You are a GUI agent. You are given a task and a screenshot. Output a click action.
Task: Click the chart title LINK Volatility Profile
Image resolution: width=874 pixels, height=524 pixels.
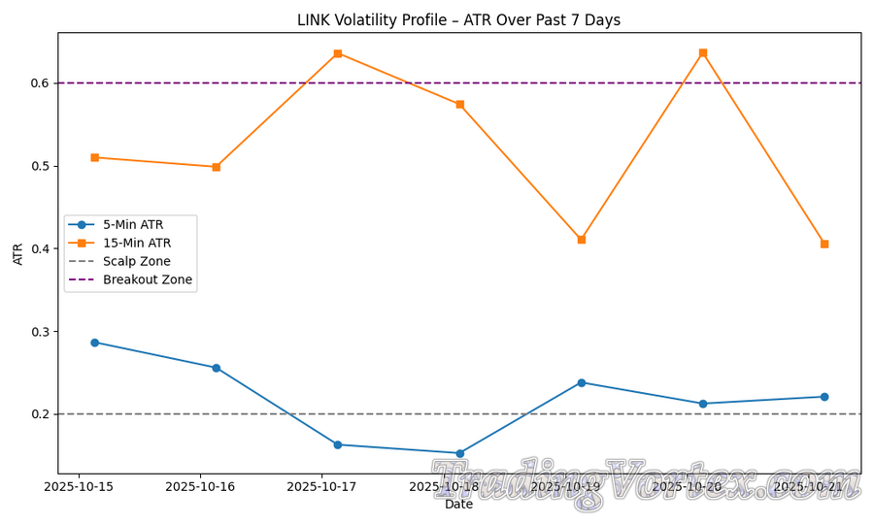(458, 20)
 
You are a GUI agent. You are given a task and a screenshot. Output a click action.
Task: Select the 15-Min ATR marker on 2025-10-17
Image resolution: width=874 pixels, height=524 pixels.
(338, 53)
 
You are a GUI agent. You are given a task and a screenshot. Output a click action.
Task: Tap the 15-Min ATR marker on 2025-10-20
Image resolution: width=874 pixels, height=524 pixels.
(703, 52)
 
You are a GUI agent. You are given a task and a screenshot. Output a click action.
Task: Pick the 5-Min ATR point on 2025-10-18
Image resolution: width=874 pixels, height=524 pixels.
(459, 453)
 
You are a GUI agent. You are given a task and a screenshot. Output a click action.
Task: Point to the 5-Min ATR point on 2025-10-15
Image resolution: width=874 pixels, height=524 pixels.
(94, 343)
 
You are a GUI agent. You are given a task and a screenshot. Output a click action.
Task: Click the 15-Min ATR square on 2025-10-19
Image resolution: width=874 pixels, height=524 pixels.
(582, 240)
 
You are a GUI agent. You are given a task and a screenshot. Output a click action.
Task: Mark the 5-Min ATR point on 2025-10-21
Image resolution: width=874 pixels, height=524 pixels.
(824, 397)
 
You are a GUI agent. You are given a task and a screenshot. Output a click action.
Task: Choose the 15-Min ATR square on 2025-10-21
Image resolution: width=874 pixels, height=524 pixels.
(824, 245)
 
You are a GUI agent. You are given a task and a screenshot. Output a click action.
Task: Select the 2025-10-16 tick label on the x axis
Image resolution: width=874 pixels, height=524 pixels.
(201, 486)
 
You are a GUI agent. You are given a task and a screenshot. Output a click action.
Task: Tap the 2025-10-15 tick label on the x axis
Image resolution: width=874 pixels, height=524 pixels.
(80, 486)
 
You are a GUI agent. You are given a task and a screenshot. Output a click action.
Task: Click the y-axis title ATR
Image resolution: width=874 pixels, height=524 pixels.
(18, 253)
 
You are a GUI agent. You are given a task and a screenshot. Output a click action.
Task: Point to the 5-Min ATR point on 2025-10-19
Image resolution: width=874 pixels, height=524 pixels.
(582, 382)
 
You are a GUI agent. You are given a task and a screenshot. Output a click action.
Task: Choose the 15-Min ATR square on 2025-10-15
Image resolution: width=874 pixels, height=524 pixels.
(94, 157)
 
